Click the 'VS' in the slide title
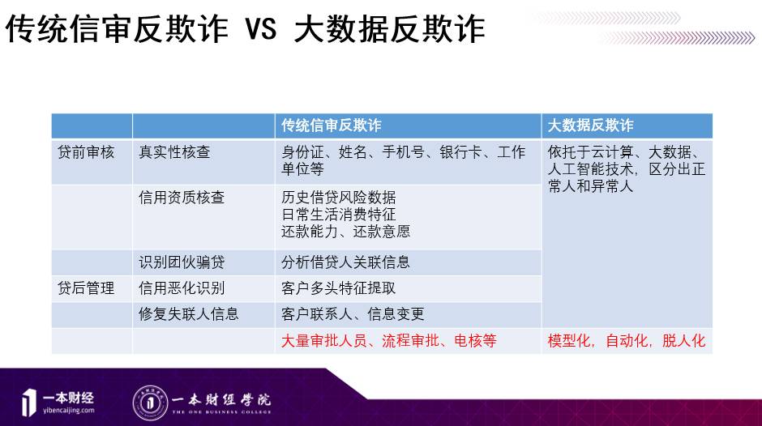pos(261,28)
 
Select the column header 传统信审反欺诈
pos(331,126)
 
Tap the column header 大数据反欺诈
pos(590,126)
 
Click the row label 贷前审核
pos(86,152)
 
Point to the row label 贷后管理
pos(86,288)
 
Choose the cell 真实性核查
pos(174,152)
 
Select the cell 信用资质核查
pos(182,198)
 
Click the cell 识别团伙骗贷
pos(182,262)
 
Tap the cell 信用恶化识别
pos(182,288)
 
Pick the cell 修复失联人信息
pos(189,313)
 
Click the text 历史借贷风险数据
pos(339,198)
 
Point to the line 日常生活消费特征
pos(339,214)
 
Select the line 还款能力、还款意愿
pos(345,231)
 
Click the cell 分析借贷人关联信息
pos(345,262)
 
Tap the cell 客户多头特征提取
pos(339,288)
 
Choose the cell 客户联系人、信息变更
pos(353,313)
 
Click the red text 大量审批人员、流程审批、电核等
pos(389,340)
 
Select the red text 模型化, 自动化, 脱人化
pos(627,340)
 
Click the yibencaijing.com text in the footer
pos(69,411)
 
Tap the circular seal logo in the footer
pos(150,403)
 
